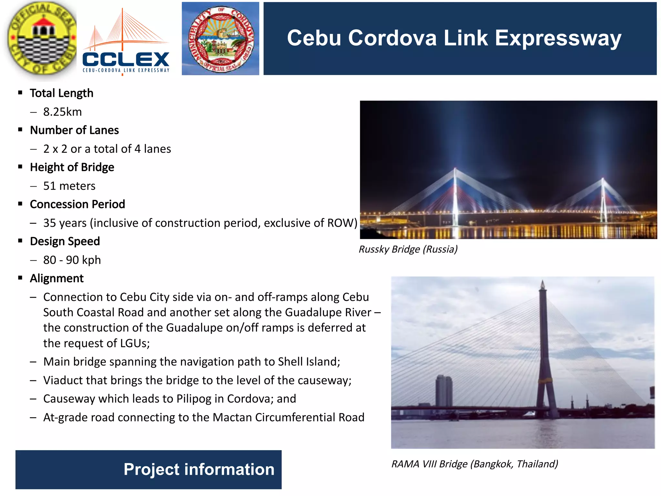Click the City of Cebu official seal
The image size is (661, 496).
[42, 39]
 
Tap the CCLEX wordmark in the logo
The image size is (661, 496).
[126, 59]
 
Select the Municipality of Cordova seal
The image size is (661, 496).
[220, 39]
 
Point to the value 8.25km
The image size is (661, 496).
[62, 112]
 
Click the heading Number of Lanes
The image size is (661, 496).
[74, 130]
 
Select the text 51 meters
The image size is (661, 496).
[69, 186]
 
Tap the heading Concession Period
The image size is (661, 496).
[77, 204]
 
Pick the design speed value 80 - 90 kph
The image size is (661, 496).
[72, 260]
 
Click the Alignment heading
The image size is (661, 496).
[56, 279]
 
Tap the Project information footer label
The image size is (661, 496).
[198, 469]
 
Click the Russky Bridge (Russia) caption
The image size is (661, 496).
[408, 249]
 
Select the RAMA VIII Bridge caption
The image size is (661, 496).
[474, 464]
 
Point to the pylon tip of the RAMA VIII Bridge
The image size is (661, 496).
[543, 284]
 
